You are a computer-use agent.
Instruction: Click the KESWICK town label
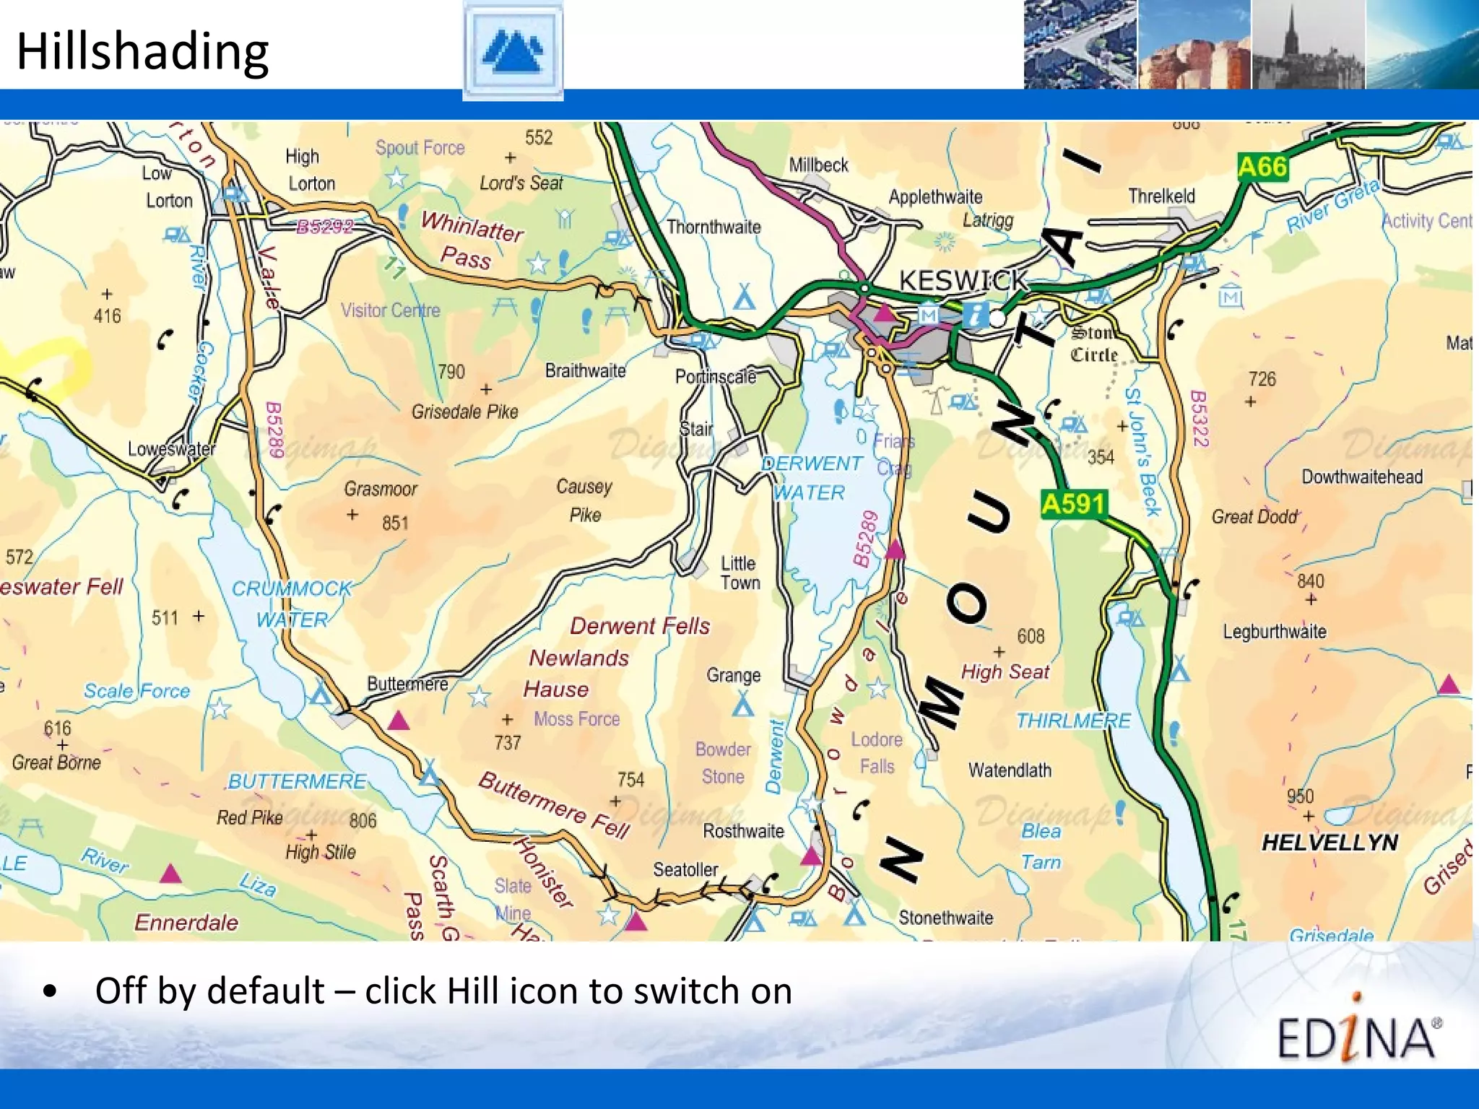[963, 280]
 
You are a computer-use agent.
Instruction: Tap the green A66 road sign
[1262, 167]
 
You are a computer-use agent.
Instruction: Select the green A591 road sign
[1074, 503]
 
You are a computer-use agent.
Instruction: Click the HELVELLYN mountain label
[1330, 842]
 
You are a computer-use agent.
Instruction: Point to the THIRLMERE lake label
[1073, 721]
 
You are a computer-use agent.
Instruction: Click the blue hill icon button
[513, 51]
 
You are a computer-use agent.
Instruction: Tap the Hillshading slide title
[143, 52]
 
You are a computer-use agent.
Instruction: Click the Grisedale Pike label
[465, 412]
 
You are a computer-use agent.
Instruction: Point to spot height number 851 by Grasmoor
[395, 523]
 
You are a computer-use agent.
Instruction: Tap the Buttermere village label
[407, 683]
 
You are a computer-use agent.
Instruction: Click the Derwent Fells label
[640, 625]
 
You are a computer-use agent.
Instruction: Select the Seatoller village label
[685, 869]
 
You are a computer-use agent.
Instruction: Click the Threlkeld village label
[1161, 196]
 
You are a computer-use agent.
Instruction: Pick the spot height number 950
[1300, 796]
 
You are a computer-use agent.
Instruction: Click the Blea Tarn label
[1041, 846]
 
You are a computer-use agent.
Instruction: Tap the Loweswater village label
[171, 449]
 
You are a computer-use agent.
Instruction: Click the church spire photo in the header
[1307, 45]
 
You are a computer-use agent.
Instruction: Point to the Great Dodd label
[1254, 517]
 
